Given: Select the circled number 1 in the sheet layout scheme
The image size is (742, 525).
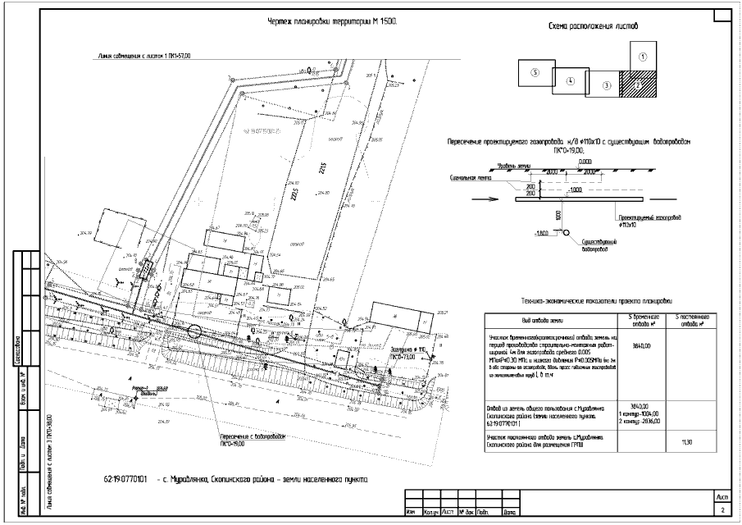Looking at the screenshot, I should tap(643, 57).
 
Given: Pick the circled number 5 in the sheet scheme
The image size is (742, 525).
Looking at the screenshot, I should tap(535, 72).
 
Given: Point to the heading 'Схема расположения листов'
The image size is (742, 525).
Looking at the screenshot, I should tap(594, 27).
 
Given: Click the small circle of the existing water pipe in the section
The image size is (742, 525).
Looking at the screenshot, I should tap(564, 233).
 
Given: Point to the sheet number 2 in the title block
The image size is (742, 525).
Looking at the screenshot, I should tap(722, 511).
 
